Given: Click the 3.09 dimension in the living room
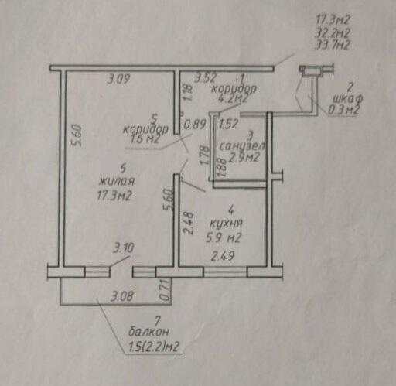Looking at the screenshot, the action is click(x=118, y=79).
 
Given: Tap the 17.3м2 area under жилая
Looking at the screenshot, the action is click(x=114, y=196).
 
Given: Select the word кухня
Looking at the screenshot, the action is click(x=226, y=224).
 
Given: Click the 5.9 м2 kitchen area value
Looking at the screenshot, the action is click(x=224, y=237).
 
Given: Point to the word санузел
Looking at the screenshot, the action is click(x=242, y=146).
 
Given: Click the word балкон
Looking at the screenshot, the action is click(x=148, y=332).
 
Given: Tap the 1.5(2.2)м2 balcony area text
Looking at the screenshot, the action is click(x=153, y=347).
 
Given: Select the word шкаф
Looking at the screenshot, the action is click(x=348, y=98).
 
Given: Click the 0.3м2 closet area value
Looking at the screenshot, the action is click(x=343, y=111).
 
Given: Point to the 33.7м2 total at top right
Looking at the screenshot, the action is click(x=333, y=45).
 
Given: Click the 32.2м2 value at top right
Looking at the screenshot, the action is click(x=333, y=32).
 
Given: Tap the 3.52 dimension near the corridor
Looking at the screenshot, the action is click(x=206, y=78).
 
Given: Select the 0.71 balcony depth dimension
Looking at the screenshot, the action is click(x=166, y=290).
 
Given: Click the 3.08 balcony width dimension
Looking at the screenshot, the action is click(x=122, y=296).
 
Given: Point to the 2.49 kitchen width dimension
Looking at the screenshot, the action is click(x=223, y=256).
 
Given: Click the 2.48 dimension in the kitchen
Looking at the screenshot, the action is click(x=188, y=223).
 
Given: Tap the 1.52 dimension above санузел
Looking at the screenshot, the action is click(x=228, y=124).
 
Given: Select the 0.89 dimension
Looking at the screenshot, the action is click(x=195, y=125).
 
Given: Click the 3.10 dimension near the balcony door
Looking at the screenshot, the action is click(x=124, y=248).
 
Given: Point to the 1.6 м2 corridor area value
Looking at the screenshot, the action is click(x=145, y=139).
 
